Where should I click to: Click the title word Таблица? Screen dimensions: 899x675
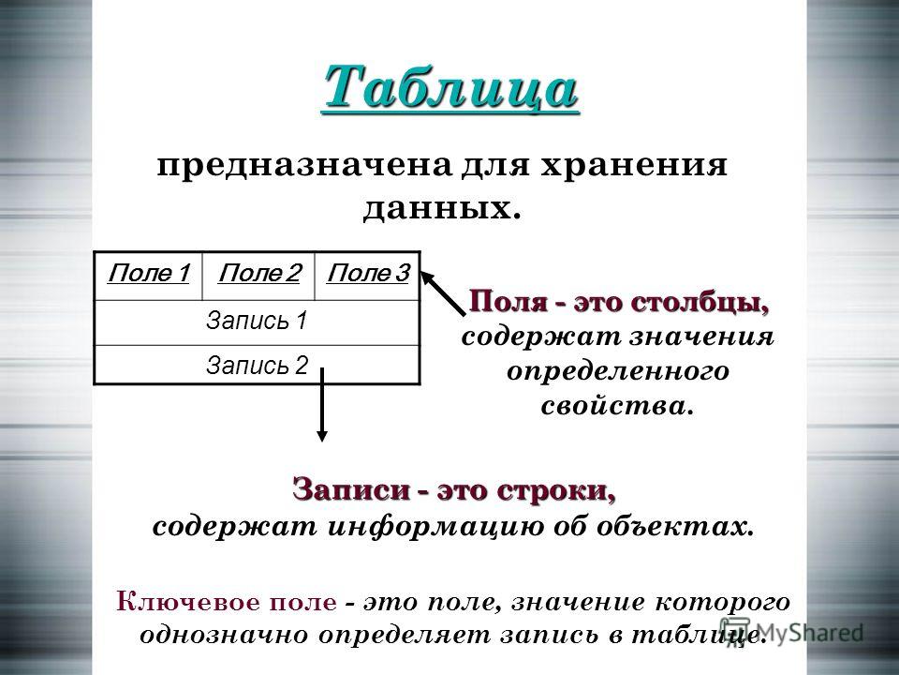pyautogui.click(x=450, y=87)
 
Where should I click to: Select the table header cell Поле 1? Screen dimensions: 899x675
pyautogui.click(x=149, y=276)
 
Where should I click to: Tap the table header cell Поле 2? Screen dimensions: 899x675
pyautogui.click(x=259, y=276)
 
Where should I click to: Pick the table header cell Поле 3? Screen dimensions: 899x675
pyautogui.click(x=367, y=276)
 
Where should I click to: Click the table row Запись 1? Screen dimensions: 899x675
pyautogui.click(x=257, y=322)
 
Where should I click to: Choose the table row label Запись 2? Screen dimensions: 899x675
pyautogui.click(x=257, y=365)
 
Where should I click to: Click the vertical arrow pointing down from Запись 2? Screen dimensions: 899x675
pyautogui.click(x=322, y=405)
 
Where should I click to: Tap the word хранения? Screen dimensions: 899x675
pyautogui.click(x=634, y=166)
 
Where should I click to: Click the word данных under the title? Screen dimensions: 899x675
pyautogui.click(x=436, y=208)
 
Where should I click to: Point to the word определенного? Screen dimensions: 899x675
pyautogui.click(x=617, y=371)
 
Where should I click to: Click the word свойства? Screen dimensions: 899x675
pyautogui.click(x=612, y=406)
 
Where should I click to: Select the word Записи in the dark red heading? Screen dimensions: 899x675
pyautogui.click(x=351, y=489)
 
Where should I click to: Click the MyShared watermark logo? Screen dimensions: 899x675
pyautogui.click(x=791, y=633)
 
